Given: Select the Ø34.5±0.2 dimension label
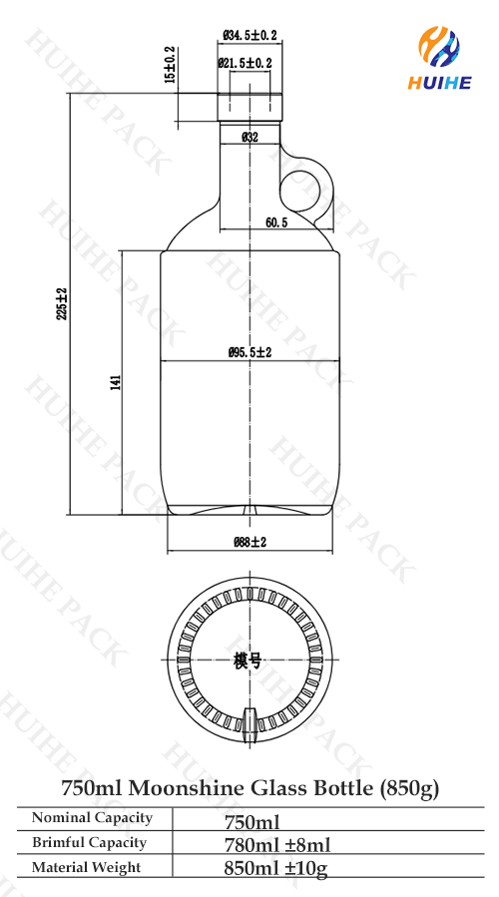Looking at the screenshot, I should pos(248,36).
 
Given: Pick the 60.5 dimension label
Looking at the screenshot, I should pos(276,223).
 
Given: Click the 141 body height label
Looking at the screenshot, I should pos(116,380).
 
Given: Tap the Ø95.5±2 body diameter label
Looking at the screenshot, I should pos(249,352).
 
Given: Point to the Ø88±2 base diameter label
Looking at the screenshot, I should pos(249,542).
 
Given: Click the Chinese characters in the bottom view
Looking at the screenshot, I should pos(248,661).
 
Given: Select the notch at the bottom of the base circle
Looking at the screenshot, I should pos(249,719).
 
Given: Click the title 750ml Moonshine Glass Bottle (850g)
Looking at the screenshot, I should pos(249,788).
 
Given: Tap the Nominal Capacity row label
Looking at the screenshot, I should pos(92,818).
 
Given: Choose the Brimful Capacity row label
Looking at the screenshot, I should pos(89,843).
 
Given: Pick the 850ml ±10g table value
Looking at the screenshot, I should pos(276,869).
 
